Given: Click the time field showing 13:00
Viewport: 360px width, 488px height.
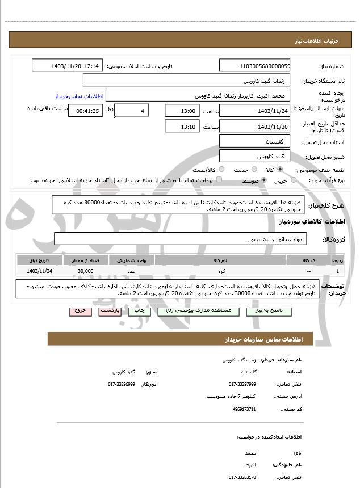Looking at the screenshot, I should click(182, 111).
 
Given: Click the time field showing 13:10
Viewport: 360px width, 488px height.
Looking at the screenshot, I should click(182, 126).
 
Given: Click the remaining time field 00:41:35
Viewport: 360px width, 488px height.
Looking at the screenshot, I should click(85, 111).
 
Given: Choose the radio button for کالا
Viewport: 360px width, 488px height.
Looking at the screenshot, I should click(280, 170).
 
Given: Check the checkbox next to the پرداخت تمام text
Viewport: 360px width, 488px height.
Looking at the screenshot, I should click(219, 180).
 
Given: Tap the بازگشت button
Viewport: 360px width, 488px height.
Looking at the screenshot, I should click(110, 312).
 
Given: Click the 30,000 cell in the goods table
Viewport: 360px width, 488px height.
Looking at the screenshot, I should click(85, 272).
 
